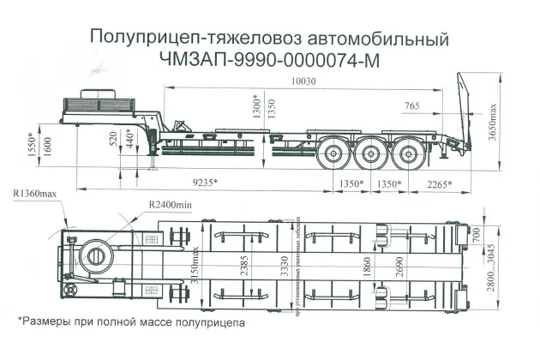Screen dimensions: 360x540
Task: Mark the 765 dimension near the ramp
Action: [412, 106]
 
